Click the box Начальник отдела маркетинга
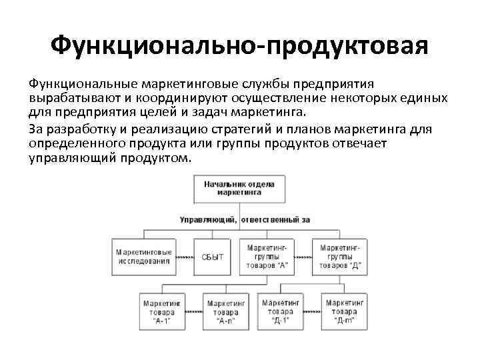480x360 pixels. click(x=239, y=189)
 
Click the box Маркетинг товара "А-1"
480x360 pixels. click(x=162, y=311)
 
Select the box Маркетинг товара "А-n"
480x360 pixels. click(x=226, y=311)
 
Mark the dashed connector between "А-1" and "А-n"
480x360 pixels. click(x=194, y=311)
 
